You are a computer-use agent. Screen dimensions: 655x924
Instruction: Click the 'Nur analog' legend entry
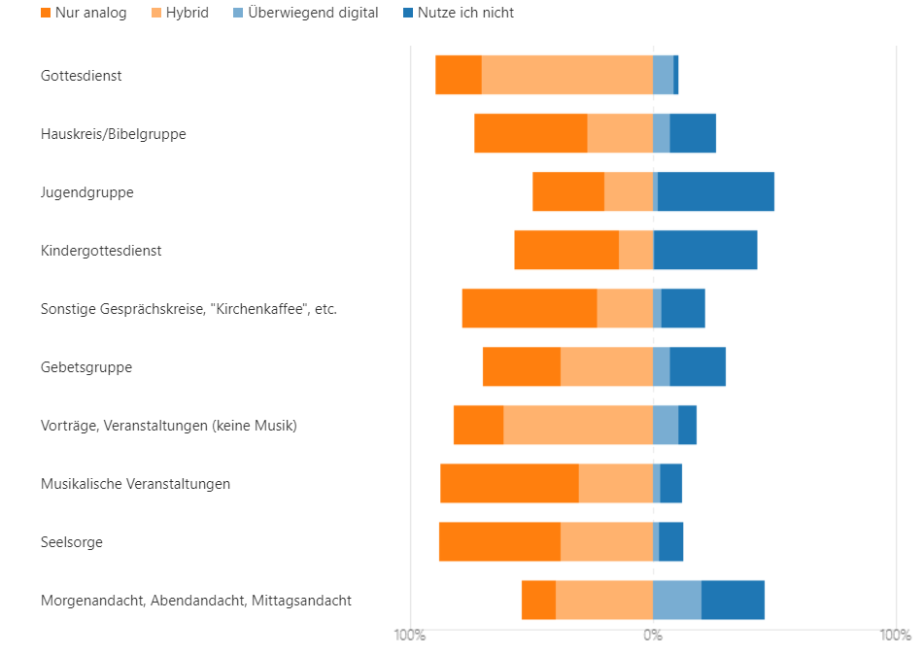(84, 13)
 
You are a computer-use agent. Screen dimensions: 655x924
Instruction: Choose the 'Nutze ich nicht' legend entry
(458, 13)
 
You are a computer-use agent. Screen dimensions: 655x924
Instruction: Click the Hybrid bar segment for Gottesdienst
(566, 75)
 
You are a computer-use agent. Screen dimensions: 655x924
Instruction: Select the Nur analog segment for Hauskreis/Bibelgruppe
(530, 133)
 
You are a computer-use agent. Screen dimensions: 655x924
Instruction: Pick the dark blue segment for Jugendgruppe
(716, 191)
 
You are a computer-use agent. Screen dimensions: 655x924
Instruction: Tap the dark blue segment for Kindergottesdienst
(705, 250)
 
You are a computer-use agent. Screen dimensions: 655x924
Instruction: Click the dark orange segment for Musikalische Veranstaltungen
(509, 483)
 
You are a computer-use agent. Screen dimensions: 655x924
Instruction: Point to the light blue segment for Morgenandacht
(677, 600)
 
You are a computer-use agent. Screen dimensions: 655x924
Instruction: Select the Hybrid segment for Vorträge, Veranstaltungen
(578, 425)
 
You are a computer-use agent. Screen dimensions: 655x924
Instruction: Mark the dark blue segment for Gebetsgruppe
(698, 366)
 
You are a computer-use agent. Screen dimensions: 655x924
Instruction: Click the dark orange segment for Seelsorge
(499, 541)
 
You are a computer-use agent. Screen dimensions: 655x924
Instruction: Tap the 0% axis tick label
(653, 636)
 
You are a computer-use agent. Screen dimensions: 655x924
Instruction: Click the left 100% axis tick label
(409, 636)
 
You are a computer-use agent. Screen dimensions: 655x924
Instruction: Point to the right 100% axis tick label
(895, 636)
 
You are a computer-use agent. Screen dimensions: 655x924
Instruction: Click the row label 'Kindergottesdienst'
(101, 251)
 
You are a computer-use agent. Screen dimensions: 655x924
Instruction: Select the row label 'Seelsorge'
(72, 542)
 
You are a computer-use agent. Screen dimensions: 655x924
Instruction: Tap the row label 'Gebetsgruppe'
(86, 367)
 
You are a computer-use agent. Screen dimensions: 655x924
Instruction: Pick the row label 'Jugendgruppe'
(87, 192)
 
